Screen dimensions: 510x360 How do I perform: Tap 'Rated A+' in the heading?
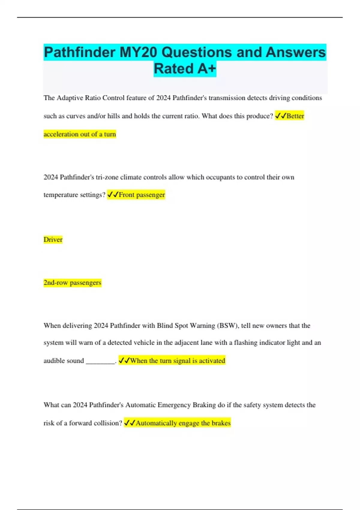coord(185,69)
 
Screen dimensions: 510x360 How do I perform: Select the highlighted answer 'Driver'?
coord(53,239)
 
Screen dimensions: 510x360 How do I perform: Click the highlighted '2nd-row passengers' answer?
coord(72,283)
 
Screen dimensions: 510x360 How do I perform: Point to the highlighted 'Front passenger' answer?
coord(142,195)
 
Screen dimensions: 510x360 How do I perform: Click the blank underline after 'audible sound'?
coord(100,361)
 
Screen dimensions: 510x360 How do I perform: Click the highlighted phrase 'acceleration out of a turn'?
coord(80,134)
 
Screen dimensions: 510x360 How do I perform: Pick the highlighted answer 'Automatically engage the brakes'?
coord(183,423)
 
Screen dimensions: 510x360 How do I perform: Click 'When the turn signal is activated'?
coord(177,361)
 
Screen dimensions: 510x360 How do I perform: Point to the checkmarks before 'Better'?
coord(280,116)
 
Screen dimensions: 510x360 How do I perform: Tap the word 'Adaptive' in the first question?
coord(70,98)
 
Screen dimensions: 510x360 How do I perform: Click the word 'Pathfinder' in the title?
coord(80,52)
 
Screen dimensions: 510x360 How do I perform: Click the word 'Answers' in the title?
coord(295,52)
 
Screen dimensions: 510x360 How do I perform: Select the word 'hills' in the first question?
coord(114,116)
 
